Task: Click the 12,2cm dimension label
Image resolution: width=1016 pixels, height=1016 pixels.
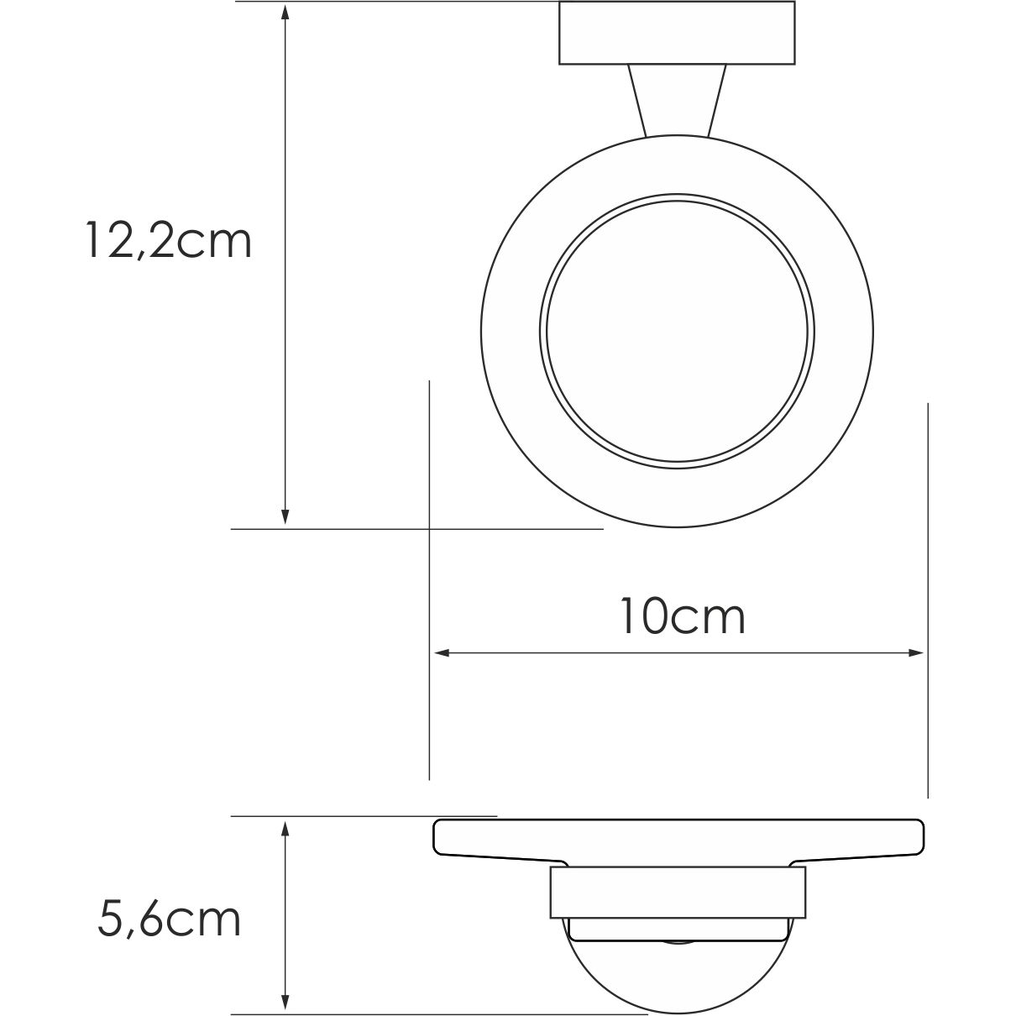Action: coord(168,241)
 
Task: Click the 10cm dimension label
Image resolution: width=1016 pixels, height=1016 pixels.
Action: coord(682,617)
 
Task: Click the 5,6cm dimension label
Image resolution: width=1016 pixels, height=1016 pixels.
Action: coord(169,919)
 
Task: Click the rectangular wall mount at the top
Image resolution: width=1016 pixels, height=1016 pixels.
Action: coord(677,33)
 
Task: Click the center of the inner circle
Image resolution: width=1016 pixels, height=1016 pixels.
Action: coord(678,332)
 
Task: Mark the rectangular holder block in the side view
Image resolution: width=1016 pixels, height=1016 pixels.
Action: coord(678,892)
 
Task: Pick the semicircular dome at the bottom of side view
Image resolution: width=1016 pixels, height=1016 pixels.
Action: coord(678,974)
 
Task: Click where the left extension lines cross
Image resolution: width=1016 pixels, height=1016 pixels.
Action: coord(430,529)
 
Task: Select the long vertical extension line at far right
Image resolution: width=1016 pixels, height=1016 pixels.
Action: coord(928,588)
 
